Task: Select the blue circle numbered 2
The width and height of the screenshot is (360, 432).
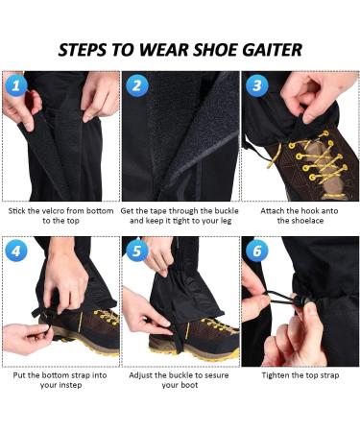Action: [x=136, y=85]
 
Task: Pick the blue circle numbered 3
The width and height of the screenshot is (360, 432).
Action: [x=256, y=85]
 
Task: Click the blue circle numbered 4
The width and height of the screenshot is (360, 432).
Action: [x=16, y=252]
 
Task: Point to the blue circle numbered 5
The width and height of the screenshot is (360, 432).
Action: [x=136, y=252]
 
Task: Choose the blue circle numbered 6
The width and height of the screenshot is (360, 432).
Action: [x=256, y=252]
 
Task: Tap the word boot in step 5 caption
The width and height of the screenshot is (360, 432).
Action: [x=190, y=385]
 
